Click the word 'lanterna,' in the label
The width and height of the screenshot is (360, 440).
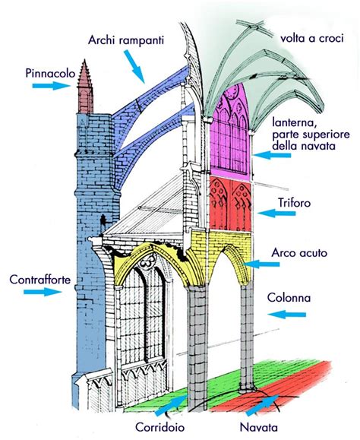click(x=297, y=121)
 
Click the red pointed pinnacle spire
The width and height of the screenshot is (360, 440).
click(x=84, y=92)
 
